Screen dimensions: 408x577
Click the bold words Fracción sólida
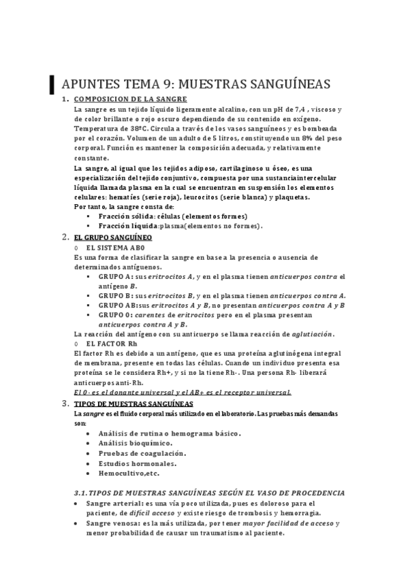pos(125,216)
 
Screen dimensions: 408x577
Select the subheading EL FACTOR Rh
pos(112,344)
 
